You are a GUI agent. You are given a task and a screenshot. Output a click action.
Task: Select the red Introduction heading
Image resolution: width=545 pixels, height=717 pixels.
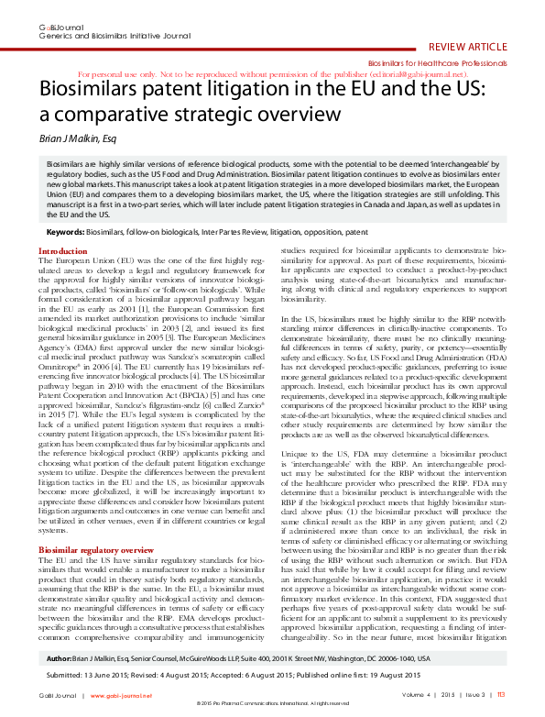pos(63,251)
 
